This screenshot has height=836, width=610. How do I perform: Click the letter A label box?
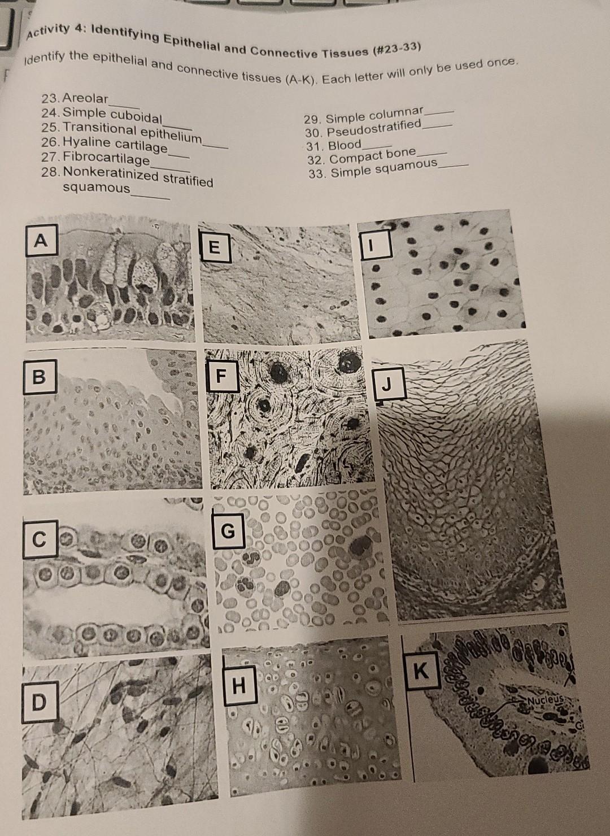(x=40, y=242)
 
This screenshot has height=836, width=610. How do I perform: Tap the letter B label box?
(x=38, y=376)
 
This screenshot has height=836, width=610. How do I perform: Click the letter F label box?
(x=220, y=376)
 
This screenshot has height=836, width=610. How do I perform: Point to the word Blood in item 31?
(x=345, y=146)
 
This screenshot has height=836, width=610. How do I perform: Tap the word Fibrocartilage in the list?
(x=106, y=158)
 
